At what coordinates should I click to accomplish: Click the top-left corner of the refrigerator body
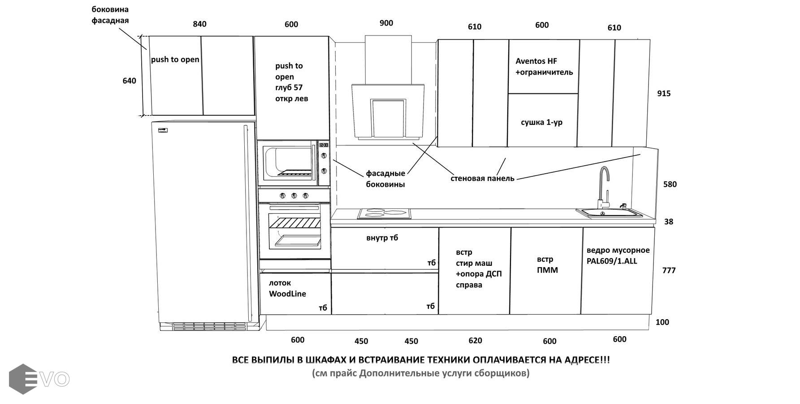point(152,122)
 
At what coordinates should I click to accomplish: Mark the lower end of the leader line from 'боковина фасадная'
point(147,49)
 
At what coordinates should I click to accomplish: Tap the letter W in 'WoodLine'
point(272,294)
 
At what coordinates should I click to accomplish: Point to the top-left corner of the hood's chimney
point(365,35)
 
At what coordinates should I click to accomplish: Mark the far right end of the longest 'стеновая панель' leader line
point(640,154)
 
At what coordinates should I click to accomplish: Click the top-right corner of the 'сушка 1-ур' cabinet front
point(578,94)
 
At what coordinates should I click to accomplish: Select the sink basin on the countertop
point(609,212)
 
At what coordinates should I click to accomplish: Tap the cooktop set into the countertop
point(384,214)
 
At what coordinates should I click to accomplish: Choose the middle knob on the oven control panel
point(294,196)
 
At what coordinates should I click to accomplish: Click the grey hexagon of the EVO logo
point(23,379)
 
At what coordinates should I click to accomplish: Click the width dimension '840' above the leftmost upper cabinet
point(200,24)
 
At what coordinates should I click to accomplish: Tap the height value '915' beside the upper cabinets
point(664,93)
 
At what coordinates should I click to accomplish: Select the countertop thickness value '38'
point(669,222)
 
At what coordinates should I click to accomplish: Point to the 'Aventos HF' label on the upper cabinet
point(536,61)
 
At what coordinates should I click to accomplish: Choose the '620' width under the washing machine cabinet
point(476,341)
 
